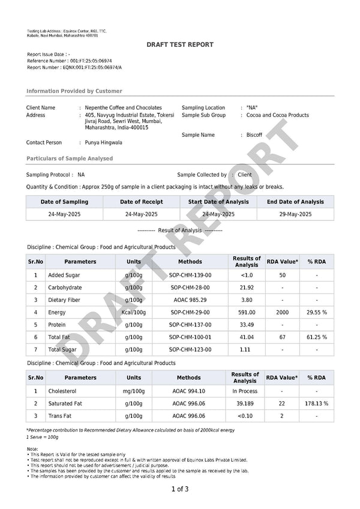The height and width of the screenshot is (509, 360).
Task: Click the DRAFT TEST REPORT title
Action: coord(180,45)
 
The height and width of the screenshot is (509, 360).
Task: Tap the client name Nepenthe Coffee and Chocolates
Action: coord(124,107)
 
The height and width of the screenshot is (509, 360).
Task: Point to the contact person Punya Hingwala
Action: coord(104,143)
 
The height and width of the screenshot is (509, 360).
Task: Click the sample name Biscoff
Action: coord(254,135)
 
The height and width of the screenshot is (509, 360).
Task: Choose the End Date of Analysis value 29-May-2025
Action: coord(296,214)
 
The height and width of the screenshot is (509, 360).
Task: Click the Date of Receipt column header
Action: coord(142,202)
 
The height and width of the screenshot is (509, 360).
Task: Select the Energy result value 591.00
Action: coord(247,312)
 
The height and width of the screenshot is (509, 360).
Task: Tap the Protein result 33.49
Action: coord(247,325)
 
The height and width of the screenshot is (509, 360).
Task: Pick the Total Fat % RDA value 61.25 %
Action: coord(317,337)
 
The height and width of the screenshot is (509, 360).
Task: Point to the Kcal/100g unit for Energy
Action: coord(134,312)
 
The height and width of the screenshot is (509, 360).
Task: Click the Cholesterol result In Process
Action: coord(245,391)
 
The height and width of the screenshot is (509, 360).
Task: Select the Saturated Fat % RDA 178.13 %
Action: coord(317,403)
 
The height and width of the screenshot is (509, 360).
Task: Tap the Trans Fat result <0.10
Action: coord(245,416)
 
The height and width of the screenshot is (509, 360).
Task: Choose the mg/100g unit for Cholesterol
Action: coord(134,391)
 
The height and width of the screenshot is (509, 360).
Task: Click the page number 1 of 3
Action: coord(180,489)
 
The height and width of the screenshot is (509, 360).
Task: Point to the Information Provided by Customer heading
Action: coord(74,91)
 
